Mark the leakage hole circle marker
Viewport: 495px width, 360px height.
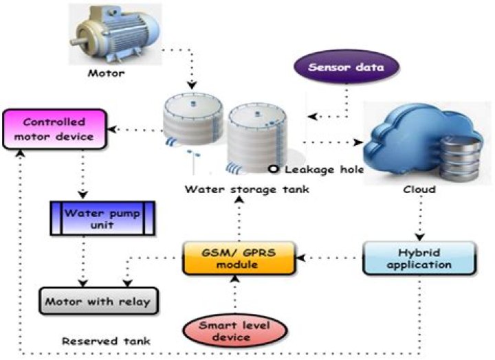click(x=274, y=169)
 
